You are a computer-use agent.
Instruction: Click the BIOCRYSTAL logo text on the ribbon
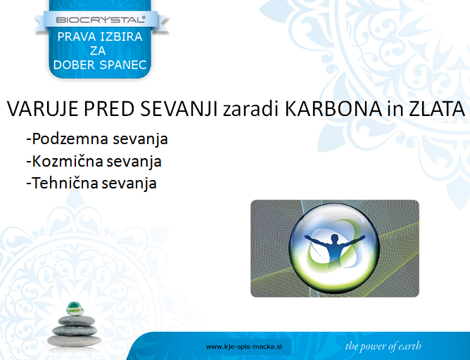pos(101,20)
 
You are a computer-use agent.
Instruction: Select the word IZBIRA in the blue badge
pos(121,37)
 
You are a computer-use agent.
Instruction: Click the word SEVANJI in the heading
pos(179,109)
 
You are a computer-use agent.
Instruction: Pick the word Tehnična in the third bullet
pos(65,183)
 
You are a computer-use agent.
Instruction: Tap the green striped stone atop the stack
pos(75,309)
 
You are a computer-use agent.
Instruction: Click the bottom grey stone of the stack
pos(75,341)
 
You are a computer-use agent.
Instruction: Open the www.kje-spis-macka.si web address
pos(244,347)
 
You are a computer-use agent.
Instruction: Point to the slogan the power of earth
pos(383,346)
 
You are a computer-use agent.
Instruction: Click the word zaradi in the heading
pos(251,110)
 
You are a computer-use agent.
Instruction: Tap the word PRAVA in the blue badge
pos(76,37)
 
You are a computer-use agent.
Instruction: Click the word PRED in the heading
pos(109,109)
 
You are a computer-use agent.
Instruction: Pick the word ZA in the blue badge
pos(98,51)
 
